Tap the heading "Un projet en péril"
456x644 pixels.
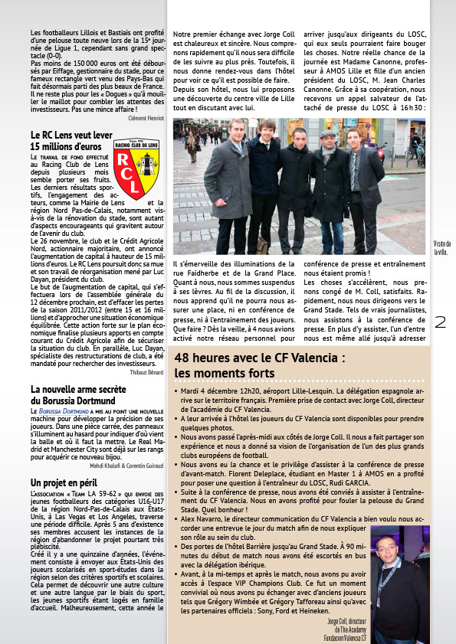point(64,483)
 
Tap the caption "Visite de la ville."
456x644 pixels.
point(441,247)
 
